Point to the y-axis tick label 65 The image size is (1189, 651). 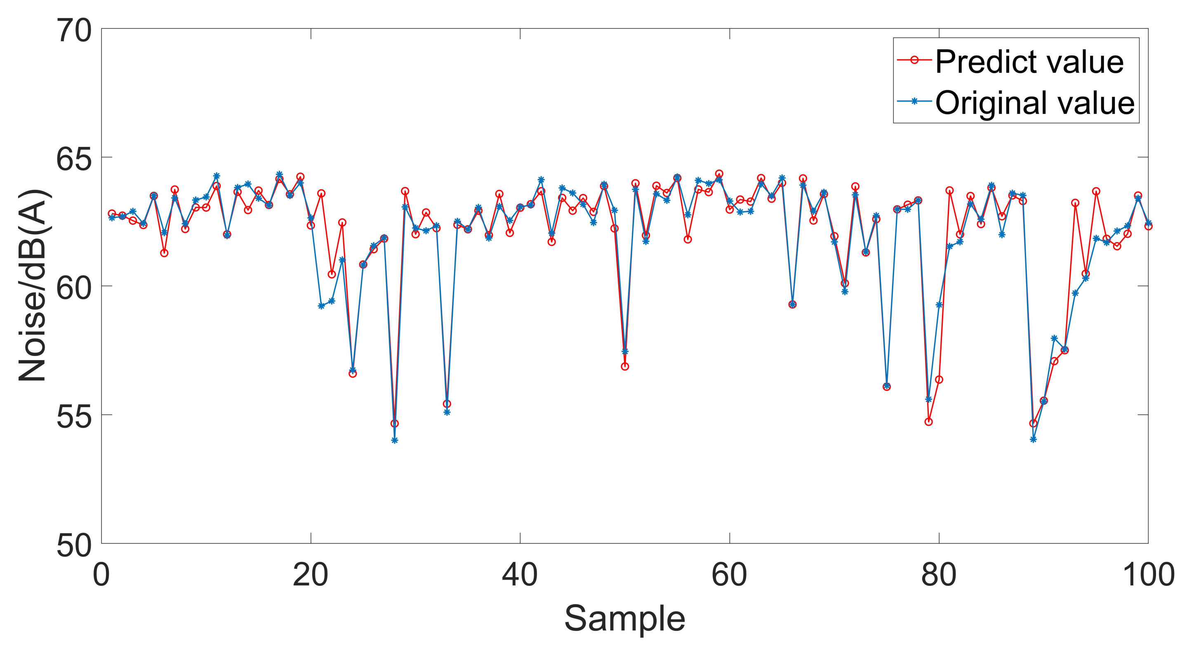(x=74, y=159)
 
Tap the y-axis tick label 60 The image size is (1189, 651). (x=74, y=287)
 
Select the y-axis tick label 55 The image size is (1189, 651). (x=74, y=416)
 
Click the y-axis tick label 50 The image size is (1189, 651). (x=74, y=545)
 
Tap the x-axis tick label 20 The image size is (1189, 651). (x=311, y=575)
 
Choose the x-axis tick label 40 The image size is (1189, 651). (x=520, y=575)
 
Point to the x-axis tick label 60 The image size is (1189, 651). (x=730, y=575)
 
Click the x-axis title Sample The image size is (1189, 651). (x=624, y=619)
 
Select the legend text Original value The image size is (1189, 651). (x=1035, y=102)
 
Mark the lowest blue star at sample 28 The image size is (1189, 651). (x=395, y=441)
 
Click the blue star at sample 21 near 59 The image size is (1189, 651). (x=321, y=306)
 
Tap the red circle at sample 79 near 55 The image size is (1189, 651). (x=929, y=422)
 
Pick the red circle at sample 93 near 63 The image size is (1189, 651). (x=1075, y=203)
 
